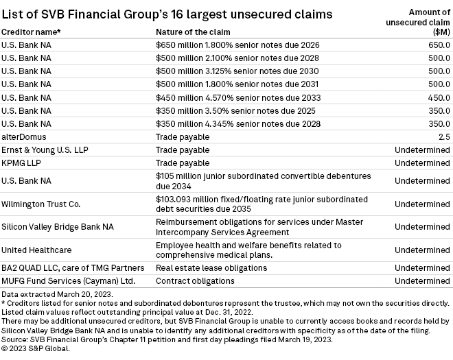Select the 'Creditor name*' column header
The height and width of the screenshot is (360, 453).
(x=31, y=32)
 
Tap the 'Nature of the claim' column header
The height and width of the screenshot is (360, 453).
(x=193, y=32)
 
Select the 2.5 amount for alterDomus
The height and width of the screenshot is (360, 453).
(x=443, y=137)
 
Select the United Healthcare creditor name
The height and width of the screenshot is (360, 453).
(x=36, y=250)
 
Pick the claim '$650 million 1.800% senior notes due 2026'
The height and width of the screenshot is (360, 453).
(x=238, y=45)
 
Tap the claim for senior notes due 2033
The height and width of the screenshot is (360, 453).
(x=238, y=97)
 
